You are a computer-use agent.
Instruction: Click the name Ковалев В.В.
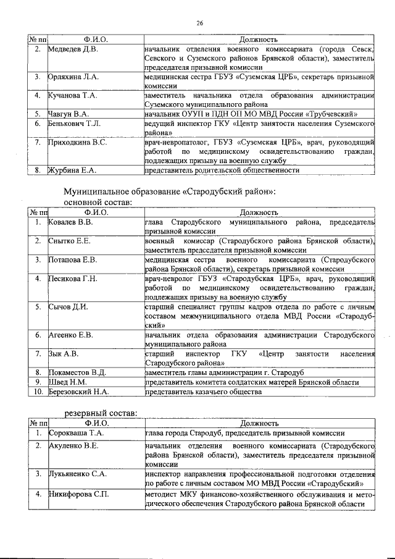point(71,221)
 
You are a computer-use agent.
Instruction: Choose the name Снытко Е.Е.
point(70,240)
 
